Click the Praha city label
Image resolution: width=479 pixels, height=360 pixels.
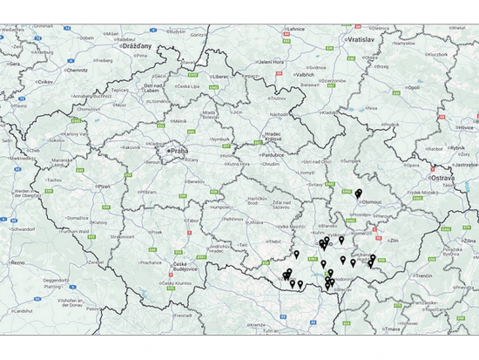179,149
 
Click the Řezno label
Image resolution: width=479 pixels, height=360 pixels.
17,262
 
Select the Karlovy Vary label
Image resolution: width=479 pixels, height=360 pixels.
77,135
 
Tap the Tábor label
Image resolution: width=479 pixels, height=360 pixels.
191,221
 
